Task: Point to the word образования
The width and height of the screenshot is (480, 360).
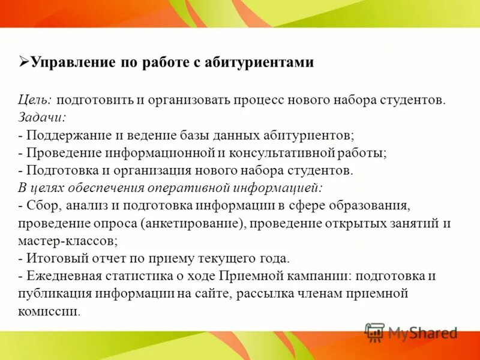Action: coord(372,206)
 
